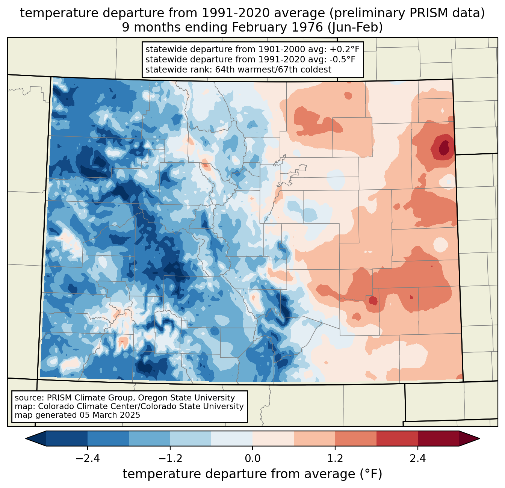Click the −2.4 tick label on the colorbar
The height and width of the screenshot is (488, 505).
pyautogui.click(x=88, y=459)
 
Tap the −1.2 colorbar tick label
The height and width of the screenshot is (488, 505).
pyautogui.click(x=170, y=459)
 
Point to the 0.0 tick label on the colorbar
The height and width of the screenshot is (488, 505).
pyautogui.click(x=252, y=459)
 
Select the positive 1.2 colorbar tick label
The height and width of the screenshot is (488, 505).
pyautogui.click(x=335, y=459)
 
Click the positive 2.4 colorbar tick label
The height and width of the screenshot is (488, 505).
pyautogui.click(x=417, y=459)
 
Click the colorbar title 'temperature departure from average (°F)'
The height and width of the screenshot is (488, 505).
pyautogui.click(x=252, y=474)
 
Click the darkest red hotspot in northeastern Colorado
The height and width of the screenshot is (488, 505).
pyautogui.click(x=444, y=146)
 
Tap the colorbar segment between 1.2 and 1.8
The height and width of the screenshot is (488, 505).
pyautogui.click(x=355, y=438)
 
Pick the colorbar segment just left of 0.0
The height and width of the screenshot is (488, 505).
pyautogui.click(x=232, y=438)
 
